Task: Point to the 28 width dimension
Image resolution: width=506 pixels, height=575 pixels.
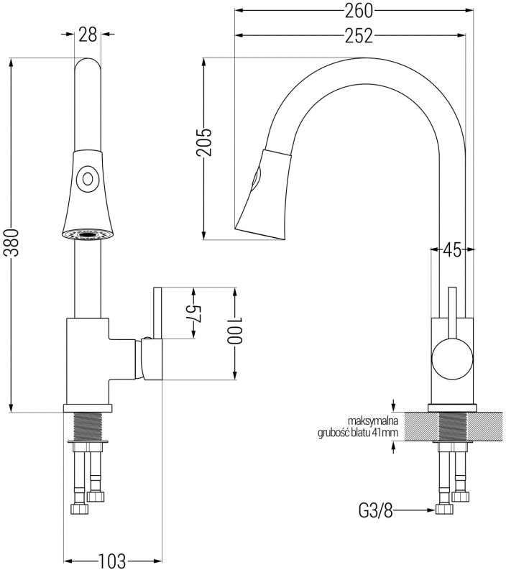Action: (x=87, y=34)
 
